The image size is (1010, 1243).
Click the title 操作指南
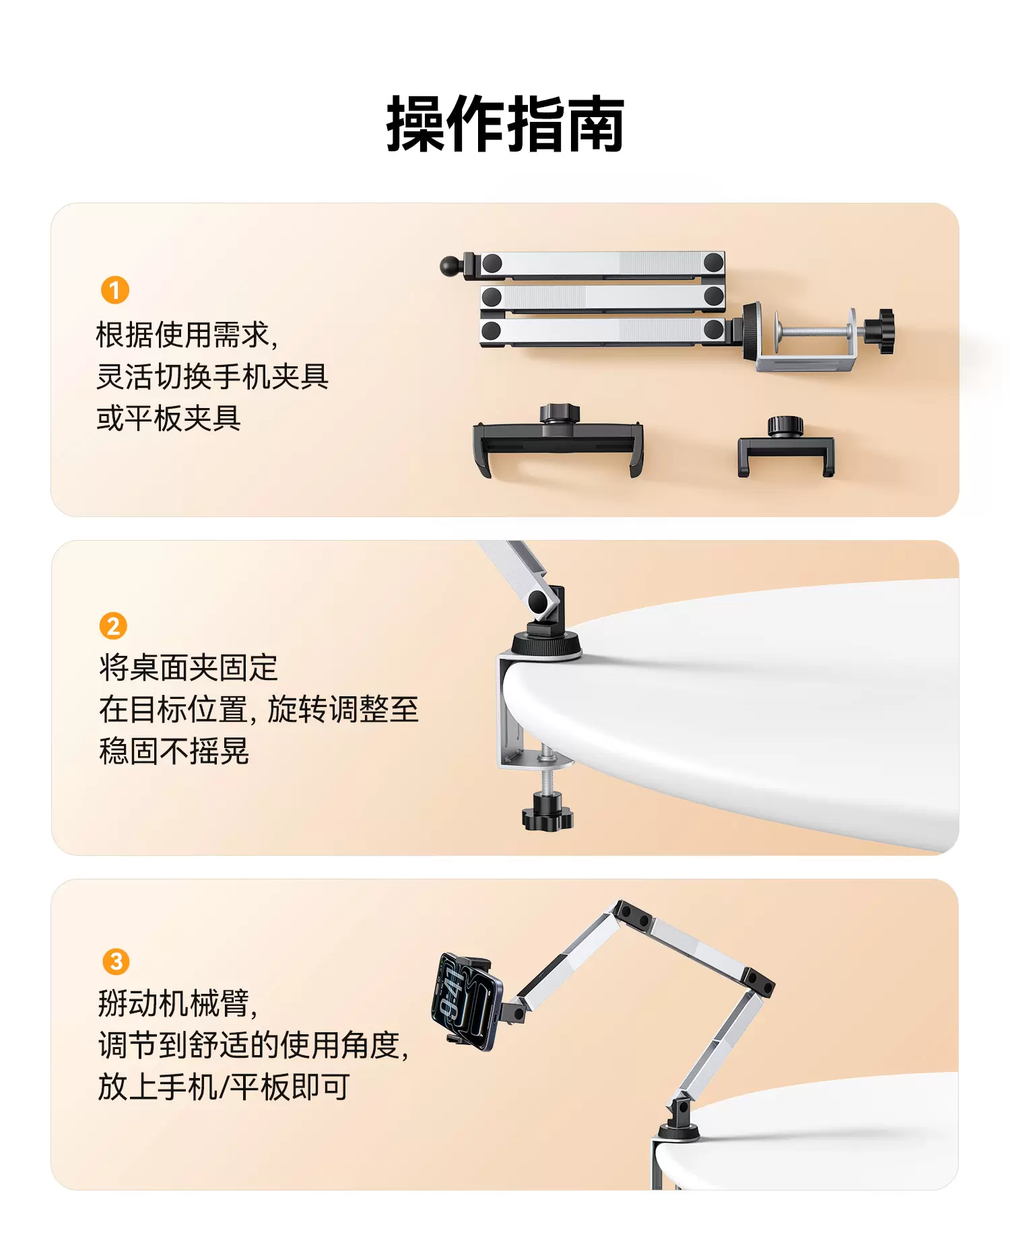tap(505, 124)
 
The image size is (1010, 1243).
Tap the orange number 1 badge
tap(114, 290)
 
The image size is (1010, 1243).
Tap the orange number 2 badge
tap(113, 626)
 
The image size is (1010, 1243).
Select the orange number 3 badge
tap(116, 961)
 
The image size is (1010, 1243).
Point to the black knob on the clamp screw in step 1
tap(879, 331)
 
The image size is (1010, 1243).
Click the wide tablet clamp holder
tap(558, 441)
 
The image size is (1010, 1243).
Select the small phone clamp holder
tap(786, 446)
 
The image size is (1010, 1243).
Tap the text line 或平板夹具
tap(168, 418)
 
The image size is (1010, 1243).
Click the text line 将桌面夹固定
tap(189, 667)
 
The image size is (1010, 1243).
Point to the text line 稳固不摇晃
tap(174, 751)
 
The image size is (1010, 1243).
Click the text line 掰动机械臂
tap(178, 1003)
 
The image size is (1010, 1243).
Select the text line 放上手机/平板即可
tap(224, 1086)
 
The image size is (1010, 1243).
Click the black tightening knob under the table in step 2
tap(547, 812)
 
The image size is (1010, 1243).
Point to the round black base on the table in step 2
tap(546, 644)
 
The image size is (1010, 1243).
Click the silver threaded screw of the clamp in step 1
tap(815, 332)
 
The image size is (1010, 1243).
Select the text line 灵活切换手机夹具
tap(212, 376)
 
